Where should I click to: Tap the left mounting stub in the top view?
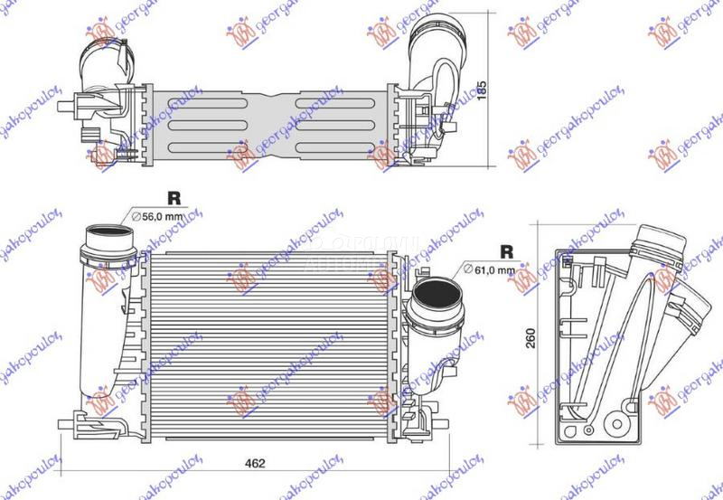64,105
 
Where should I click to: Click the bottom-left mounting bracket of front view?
77,420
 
